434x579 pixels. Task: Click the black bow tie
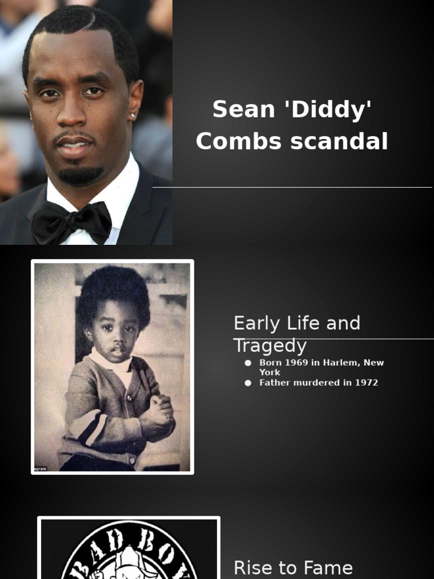[x=71, y=221]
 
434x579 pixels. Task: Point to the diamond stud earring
[x=133, y=116]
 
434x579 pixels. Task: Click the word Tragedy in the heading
[x=270, y=345]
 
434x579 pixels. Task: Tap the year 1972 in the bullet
[x=367, y=383]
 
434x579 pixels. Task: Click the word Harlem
[x=341, y=362]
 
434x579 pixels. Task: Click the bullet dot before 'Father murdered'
[x=248, y=383]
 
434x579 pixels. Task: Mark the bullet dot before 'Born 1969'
[x=248, y=362]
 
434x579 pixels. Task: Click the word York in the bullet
[x=270, y=372]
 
